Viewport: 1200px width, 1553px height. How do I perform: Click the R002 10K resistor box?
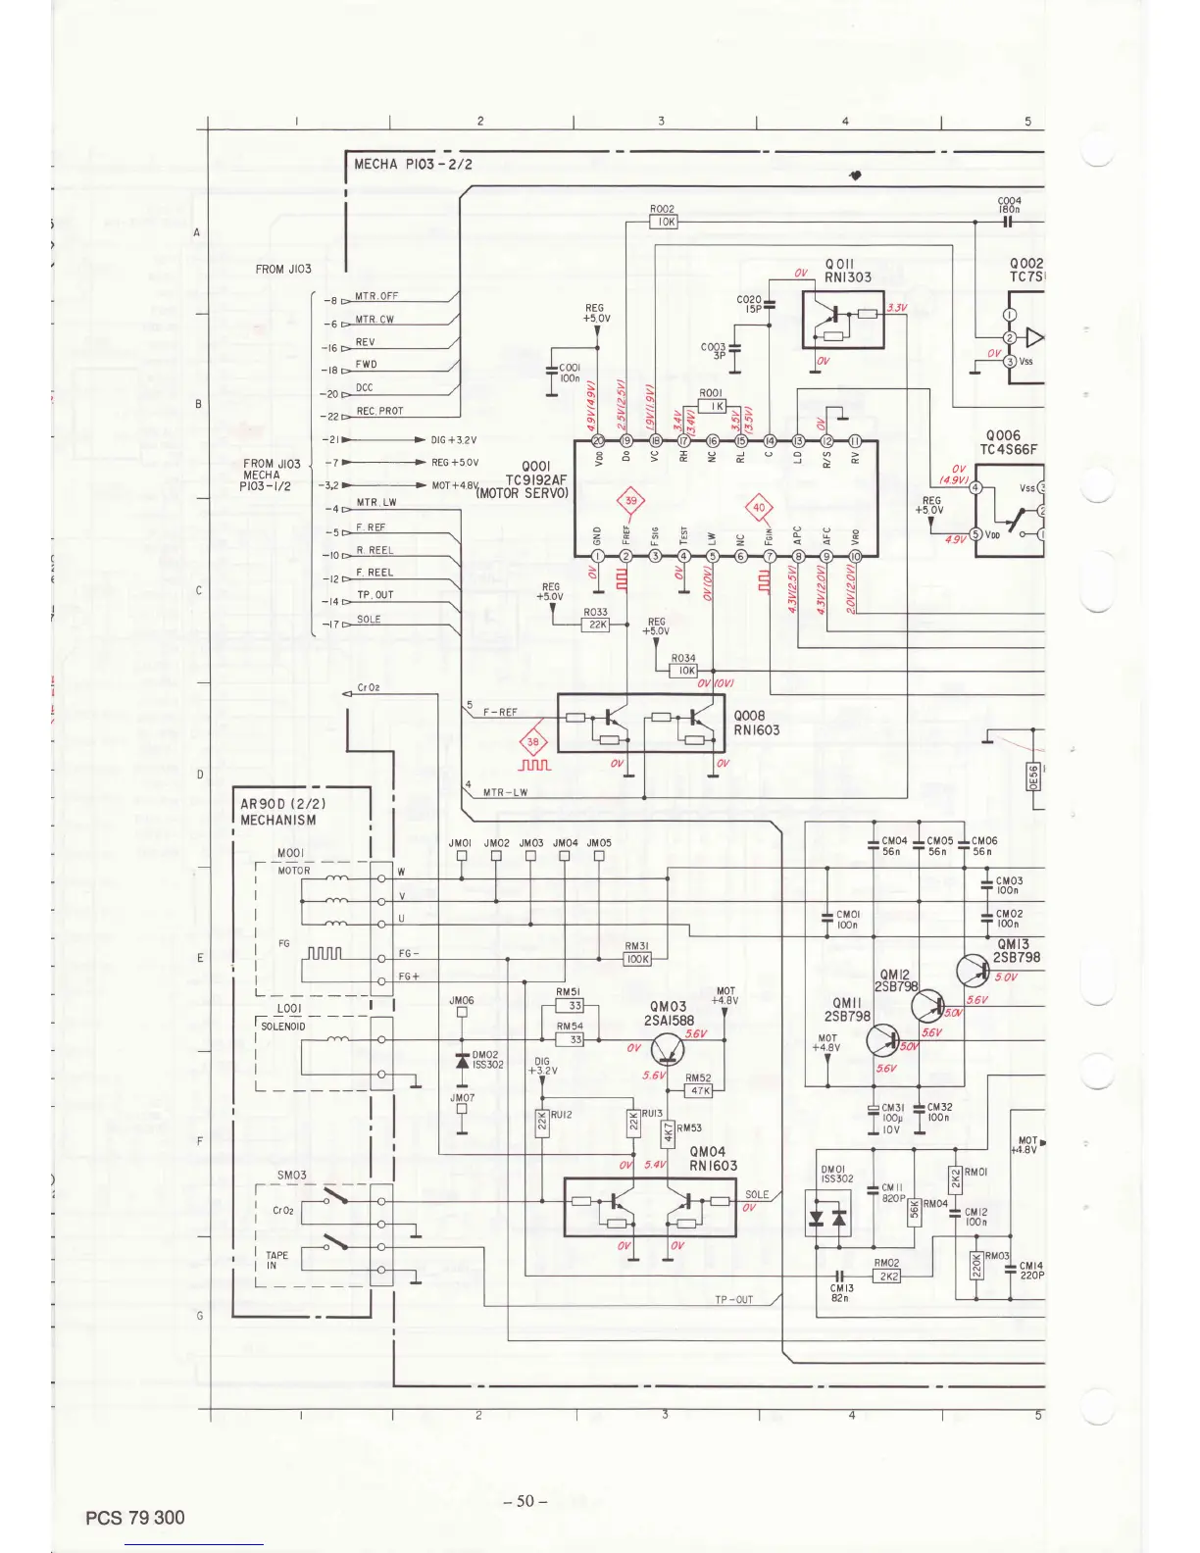[x=664, y=223]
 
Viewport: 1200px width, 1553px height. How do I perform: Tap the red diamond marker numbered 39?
[x=630, y=500]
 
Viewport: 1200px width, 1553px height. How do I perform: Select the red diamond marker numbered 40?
[x=760, y=508]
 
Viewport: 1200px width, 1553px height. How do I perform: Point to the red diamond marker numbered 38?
[x=532, y=742]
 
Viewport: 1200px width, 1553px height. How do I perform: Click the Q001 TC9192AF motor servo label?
[x=535, y=480]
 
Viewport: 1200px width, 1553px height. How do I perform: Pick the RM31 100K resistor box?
[x=637, y=959]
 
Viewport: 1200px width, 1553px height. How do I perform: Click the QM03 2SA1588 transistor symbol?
[x=668, y=1049]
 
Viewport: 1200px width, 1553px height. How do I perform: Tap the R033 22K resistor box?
[x=596, y=625]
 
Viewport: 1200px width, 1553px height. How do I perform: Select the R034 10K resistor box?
[x=683, y=671]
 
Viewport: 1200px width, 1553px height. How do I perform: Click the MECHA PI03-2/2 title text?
[x=413, y=164]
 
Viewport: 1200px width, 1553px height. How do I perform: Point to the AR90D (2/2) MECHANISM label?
[x=278, y=812]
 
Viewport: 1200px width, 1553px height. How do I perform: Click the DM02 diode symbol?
[x=462, y=1062]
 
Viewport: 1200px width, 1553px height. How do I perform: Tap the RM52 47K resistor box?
[x=699, y=1090]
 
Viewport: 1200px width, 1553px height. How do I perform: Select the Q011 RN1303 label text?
[x=846, y=271]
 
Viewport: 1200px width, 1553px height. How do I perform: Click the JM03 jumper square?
[x=530, y=855]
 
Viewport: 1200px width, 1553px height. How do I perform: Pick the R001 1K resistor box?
[x=712, y=406]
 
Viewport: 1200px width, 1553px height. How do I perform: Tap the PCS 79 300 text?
[x=134, y=1518]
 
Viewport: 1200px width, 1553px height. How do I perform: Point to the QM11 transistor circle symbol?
[x=882, y=1042]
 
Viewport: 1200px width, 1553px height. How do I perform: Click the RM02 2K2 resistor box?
[x=886, y=1277]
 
